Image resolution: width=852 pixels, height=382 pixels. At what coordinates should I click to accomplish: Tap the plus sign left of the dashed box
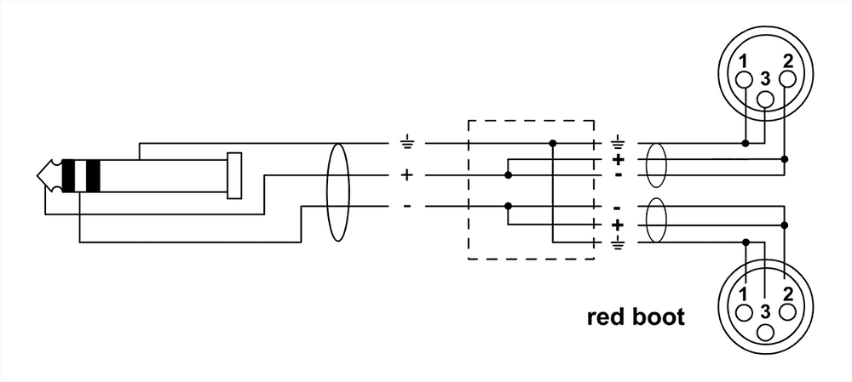(x=406, y=176)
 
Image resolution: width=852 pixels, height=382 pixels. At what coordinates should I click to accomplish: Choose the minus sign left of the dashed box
(x=406, y=207)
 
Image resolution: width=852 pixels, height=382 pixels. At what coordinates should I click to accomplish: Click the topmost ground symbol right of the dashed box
(x=618, y=143)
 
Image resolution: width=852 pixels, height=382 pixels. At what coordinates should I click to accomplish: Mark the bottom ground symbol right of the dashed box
(x=618, y=243)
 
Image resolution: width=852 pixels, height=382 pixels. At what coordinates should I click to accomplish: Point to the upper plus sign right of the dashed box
(x=618, y=159)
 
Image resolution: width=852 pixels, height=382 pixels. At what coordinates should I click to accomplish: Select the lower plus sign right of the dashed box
(x=618, y=225)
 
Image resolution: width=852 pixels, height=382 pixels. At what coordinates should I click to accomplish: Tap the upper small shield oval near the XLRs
(x=656, y=166)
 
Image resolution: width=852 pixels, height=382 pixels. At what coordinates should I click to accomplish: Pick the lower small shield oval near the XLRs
(x=656, y=223)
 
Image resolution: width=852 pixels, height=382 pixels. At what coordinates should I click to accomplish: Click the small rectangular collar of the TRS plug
(x=234, y=175)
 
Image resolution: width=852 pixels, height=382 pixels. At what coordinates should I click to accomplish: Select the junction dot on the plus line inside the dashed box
(x=509, y=175)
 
